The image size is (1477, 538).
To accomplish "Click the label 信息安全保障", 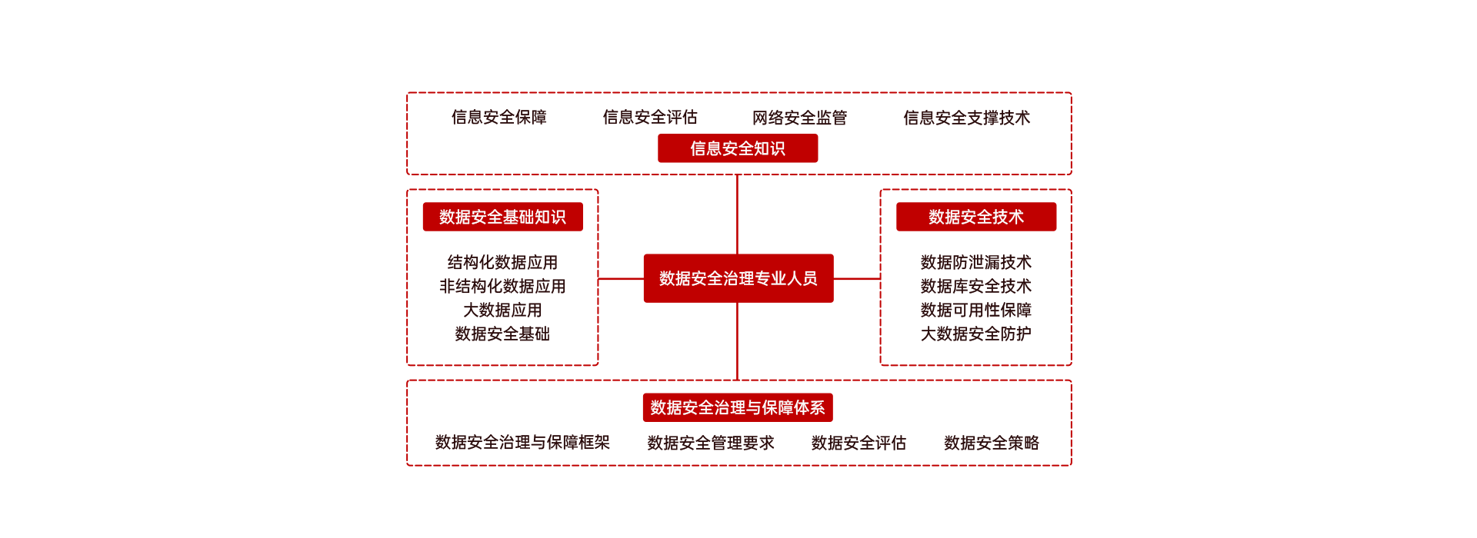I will (x=499, y=117).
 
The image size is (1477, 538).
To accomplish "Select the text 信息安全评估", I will (x=650, y=117).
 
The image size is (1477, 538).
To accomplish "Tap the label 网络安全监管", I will (x=799, y=118).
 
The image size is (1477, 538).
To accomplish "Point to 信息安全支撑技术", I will (x=966, y=118).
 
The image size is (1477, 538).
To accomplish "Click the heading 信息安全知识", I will (x=738, y=148).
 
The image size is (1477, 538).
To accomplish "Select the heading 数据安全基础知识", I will (x=502, y=217).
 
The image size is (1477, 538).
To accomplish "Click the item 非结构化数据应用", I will (x=502, y=287).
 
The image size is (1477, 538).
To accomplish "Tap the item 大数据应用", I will (x=502, y=311).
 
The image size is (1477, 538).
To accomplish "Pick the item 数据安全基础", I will (x=502, y=334).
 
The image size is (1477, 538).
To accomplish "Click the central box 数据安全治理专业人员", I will (x=738, y=278).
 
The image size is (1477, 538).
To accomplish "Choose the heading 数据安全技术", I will (x=975, y=217).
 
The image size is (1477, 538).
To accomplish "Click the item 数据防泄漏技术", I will (x=975, y=263).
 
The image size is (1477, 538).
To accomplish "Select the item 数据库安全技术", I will (x=975, y=287).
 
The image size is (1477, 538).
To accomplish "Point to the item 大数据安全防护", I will (x=975, y=334).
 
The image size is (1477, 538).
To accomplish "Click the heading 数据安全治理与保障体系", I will (x=738, y=407).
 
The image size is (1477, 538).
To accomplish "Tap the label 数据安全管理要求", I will (x=711, y=443).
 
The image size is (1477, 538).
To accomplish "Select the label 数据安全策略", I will (x=992, y=443).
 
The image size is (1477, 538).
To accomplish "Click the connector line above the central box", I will (x=737, y=214).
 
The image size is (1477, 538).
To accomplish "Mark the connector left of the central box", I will (x=621, y=278).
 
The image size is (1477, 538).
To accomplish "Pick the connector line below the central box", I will (x=737, y=340).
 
